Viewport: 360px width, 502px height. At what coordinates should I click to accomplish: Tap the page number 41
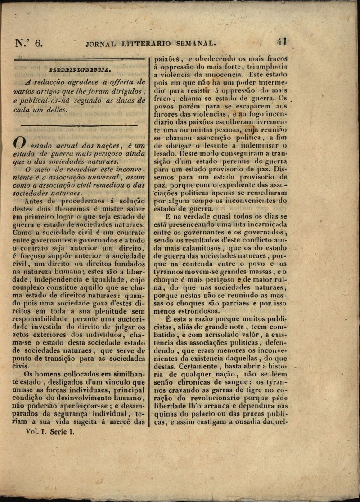(282, 42)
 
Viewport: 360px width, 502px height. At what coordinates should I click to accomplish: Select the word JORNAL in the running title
(100, 44)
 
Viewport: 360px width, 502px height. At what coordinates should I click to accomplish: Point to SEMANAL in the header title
(196, 44)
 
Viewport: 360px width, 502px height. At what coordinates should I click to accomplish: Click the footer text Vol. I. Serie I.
(49, 431)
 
